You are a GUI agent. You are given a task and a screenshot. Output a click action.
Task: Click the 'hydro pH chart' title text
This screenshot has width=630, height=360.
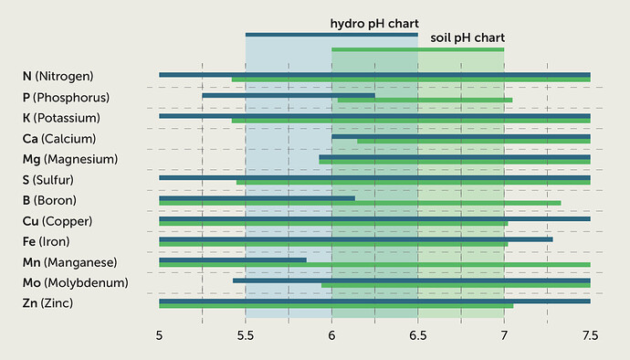point(373,23)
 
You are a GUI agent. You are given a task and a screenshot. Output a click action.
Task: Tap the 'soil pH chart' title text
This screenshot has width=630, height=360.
point(467,37)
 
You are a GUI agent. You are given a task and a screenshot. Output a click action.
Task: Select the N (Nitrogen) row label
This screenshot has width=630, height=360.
point(58,76)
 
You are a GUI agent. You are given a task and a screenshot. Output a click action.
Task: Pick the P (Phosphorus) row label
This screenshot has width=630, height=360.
point(66,97)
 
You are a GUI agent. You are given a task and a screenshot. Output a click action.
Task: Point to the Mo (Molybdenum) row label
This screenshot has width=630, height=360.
point(75,282)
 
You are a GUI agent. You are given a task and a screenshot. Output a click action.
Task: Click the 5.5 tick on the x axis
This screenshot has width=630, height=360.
point(246,336)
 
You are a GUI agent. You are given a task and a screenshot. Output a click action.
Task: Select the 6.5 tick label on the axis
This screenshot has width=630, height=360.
point(418,336)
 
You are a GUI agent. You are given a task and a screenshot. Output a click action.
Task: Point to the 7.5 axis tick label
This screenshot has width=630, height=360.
point(590,336)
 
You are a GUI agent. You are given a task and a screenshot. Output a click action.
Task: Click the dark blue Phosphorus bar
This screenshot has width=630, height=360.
point(289,95)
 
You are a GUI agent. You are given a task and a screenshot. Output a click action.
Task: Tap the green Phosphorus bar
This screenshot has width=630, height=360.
point(425,100)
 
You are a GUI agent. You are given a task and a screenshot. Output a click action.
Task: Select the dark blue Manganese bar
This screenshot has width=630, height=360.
point(233,260)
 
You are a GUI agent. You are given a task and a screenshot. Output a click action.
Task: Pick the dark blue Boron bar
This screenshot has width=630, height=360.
point(257,198)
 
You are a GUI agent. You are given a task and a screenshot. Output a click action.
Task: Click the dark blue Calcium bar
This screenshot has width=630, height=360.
point(461,137)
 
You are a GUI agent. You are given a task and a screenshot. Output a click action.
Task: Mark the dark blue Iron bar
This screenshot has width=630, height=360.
point(356,239)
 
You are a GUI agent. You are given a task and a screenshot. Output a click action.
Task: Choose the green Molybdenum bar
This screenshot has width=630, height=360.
point(456,285)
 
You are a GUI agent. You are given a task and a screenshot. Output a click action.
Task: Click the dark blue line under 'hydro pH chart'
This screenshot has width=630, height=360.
point(331,35)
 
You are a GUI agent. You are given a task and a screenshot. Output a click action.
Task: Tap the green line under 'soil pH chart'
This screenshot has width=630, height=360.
point(417,49)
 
